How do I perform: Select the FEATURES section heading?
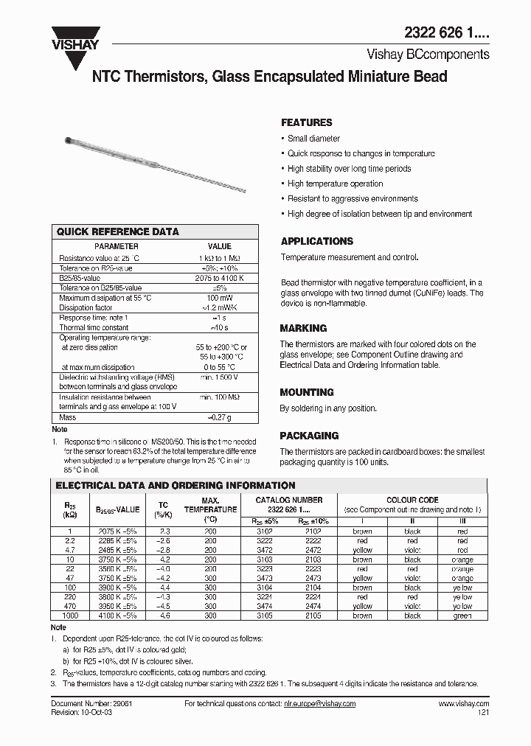pyautogui.click(x=307, y=122)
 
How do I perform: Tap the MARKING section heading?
pyautogui.click(x=303, y=328)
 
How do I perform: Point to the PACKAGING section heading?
pyautogui.click(x=309, y=436)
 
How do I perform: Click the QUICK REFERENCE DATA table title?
pyautogui.click(x=118, y=231)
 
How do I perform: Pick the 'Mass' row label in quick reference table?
pyautogui.click(x=67, y=418)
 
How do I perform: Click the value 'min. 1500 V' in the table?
pyautogui.click(x=220, y=377)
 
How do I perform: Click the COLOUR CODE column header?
pyautogui.click(x=412, y=500)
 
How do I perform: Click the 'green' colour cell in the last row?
pyautogui.click(x=462, y=616)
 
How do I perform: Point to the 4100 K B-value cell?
pyautogui.click(x=118, y=616)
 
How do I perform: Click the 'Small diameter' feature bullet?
pyautogui.click(x=313, y=139)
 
